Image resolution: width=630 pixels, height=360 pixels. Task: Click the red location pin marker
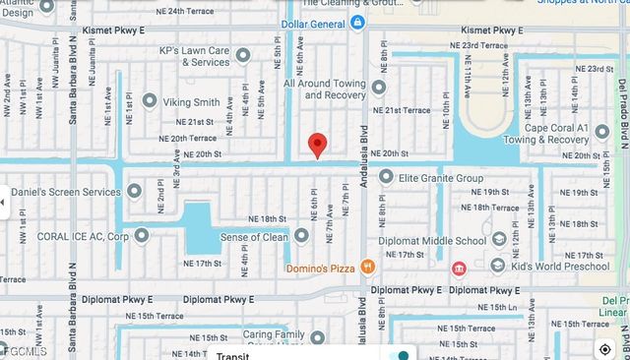click(316, 144)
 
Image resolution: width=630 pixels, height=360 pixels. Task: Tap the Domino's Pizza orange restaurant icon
click(367, 266)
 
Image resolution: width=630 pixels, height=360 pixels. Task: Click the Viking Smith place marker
click(149, 100)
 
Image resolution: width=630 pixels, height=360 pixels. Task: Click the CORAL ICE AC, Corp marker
click(142, 235)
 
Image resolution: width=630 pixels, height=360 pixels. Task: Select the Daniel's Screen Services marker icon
click(135, 191)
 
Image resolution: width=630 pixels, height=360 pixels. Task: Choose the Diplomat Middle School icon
click(499, 239)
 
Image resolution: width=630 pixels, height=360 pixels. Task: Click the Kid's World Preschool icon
click(497, 265)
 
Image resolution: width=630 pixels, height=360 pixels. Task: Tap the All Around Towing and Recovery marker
click(379, 88)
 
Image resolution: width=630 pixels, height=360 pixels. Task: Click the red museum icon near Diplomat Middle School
click(458, 268)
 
